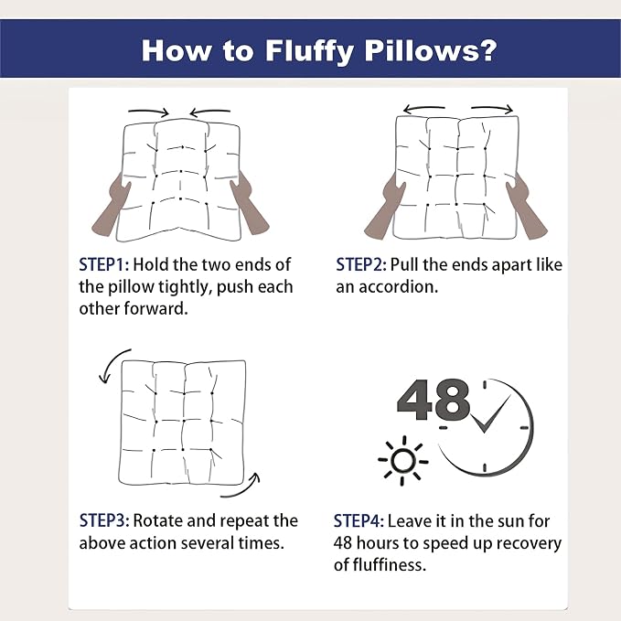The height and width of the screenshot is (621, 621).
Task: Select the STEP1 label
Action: click(x=103, y=264)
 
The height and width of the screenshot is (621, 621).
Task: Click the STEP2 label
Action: click(x=360, y=264)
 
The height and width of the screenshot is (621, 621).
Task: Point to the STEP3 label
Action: click(x=104, y=520)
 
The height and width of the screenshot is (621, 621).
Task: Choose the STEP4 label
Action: click(x=359, y=520)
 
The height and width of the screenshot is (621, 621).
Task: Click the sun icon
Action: click(x=403, y=461)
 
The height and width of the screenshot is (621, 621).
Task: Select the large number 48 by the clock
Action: click(x=434, y=400)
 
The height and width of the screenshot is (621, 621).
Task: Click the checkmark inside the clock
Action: click(x=491, y=414)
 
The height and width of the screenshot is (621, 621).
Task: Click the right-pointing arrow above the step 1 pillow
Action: click(x=149, y=112)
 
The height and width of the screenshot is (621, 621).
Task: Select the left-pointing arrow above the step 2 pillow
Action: click(x=423, y=108)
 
